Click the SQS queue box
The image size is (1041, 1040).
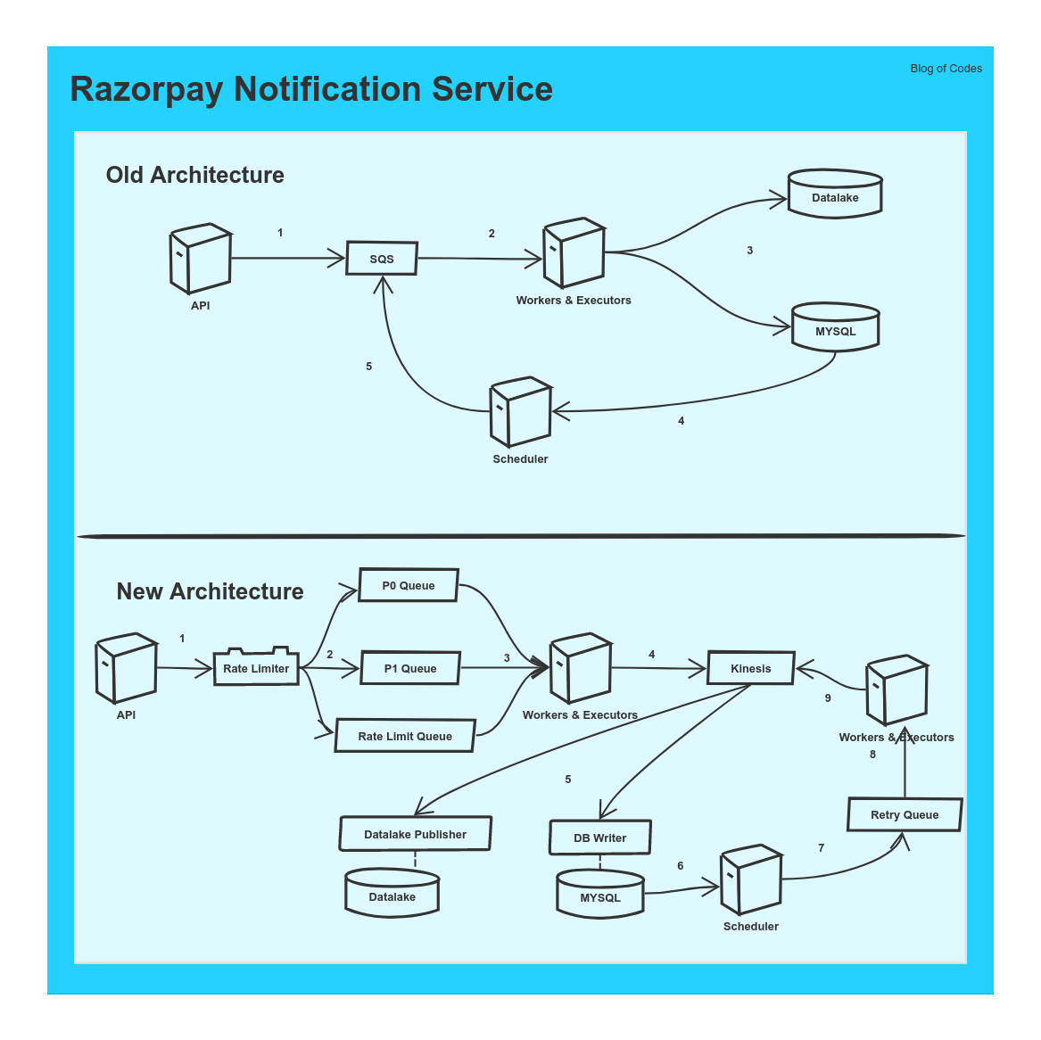point(382,259)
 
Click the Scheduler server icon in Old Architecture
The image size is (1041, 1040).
point(520,412)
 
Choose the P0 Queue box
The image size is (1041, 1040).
point(409,585)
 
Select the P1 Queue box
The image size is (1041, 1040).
point(410,668)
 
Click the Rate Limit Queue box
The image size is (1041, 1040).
point(405,736)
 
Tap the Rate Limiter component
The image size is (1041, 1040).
point(256,668)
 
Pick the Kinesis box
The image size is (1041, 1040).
point(750,668)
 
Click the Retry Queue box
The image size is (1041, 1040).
point(905,814)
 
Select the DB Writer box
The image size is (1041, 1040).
point(599,838)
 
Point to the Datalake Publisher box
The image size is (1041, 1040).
point(415,834)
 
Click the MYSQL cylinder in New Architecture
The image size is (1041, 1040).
point(600,894)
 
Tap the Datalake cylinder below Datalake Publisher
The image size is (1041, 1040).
point(392,894)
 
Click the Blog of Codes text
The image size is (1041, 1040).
point(946,69)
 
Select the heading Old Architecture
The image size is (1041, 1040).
point(194,175)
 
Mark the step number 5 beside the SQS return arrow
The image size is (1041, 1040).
point(368,367)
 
